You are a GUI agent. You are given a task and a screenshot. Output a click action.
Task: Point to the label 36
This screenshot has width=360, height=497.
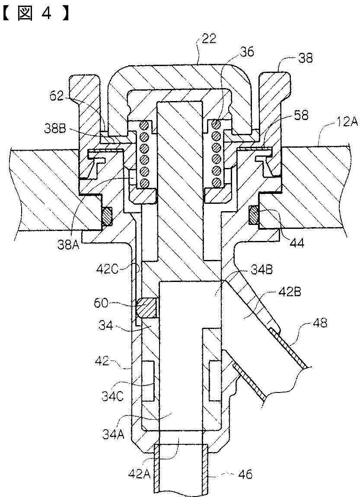coord(246,52)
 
